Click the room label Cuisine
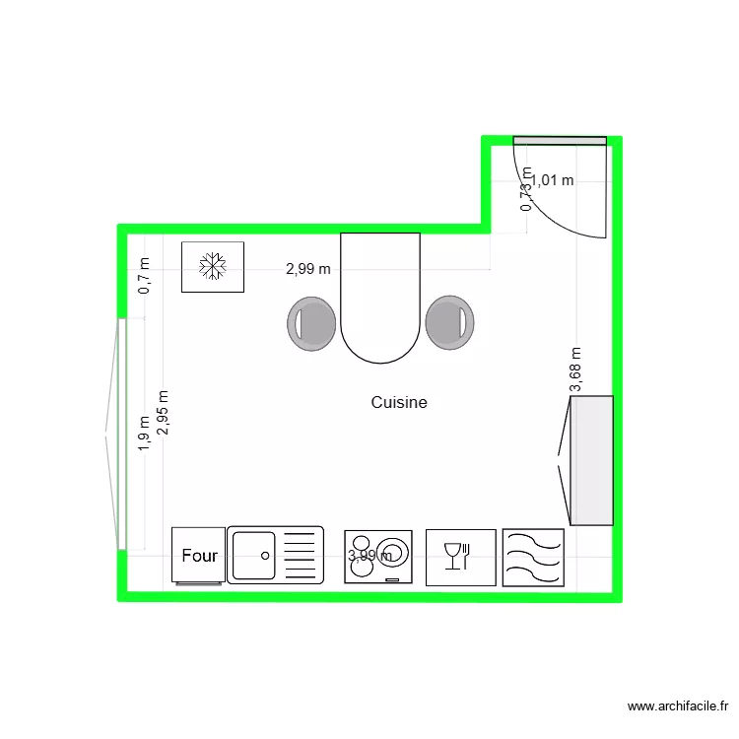[399, 402]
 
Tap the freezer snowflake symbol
[213, 266]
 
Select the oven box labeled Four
[199, 556]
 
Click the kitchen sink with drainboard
[275, 555]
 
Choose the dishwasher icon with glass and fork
[460, 557]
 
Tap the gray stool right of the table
[449, 322]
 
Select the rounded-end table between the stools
[380, 296]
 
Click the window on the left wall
[120, 434]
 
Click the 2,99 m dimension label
[308, 268]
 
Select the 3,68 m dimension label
[576, 370]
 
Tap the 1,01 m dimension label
[553, 180]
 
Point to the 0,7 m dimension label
[145, 276]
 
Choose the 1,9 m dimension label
[144, 433]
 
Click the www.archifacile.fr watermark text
[678, 706]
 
